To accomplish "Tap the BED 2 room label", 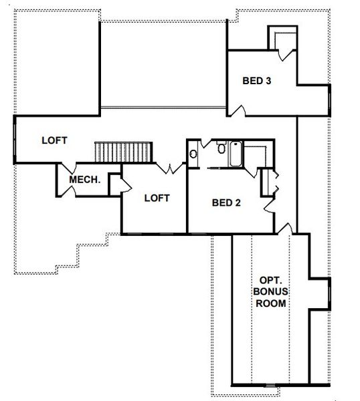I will tap(226, 203).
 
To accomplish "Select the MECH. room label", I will tap(85, 179).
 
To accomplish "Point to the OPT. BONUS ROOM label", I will tap(270, 291).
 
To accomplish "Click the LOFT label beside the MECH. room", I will tap(55, 140).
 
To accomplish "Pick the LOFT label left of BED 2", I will tap(156, 198).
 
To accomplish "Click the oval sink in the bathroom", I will tap(193, 154).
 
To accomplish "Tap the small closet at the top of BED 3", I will tap(281, 39).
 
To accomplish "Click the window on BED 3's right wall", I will tap(329, 100).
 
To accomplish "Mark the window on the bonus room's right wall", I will tap(329, 291).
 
